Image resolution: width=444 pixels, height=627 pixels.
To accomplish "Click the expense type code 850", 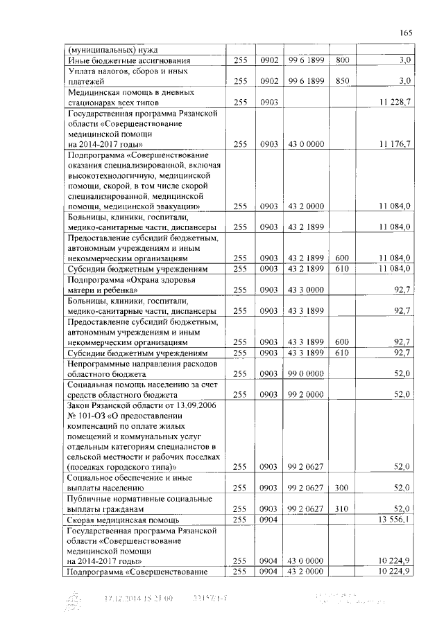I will click(x=341, y=81).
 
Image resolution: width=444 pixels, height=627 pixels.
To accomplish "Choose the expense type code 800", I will click(x=341, y=61).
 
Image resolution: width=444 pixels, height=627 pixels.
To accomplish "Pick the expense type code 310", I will click(x=341, y=509).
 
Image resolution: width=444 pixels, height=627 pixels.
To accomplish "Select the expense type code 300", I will click(x=341, y=488).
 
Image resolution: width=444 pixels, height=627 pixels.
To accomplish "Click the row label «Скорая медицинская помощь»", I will click(x=123, y=520).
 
